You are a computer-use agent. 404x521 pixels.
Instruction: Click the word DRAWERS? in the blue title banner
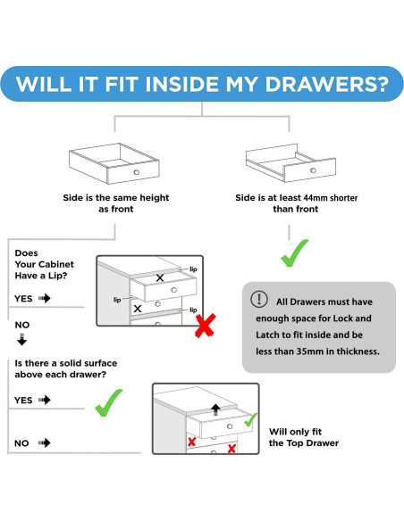click(326, 84)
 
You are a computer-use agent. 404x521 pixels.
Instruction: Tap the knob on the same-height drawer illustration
click(137, 172)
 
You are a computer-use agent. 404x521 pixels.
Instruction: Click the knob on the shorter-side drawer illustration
click(313, 170)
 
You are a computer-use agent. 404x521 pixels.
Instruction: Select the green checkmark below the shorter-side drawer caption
click(295, 252)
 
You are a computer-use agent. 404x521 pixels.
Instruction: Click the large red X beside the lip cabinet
click(206, 326)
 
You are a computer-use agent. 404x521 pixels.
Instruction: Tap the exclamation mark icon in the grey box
click(259, 298)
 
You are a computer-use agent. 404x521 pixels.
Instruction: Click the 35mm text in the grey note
click(310, 351)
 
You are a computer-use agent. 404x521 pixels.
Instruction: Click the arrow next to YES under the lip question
click(45, 298)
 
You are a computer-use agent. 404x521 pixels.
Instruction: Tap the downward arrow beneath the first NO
click(22, 340)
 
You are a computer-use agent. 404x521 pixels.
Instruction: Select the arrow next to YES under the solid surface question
click(45, 400)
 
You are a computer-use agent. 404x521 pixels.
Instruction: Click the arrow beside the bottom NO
click(45, 442)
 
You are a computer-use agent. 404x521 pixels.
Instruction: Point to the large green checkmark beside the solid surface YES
click(108, 402)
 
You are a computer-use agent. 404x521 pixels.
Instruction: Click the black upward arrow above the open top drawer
click(215, 409)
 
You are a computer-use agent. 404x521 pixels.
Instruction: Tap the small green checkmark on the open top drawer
click(250, 419)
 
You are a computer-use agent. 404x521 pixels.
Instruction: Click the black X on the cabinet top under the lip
click(160, 277)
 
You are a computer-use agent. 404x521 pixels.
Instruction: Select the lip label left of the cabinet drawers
click(117, 300)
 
